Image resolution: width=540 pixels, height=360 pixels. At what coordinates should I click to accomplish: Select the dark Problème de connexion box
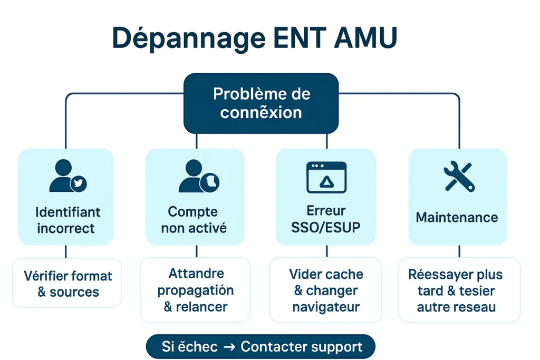pyautogui.click(x=261, y=103)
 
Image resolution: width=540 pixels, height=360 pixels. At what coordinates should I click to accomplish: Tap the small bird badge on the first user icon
pyautogui.click(x=79, y=183)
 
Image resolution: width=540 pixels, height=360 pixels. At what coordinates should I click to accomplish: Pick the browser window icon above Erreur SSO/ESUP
pyautogui.click(x=326, y=177)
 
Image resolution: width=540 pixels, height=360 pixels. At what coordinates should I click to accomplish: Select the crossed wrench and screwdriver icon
pyautogui.click(x=458, y=176)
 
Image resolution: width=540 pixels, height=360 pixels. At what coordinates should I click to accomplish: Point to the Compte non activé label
pyautogui.click(x=194, y=220)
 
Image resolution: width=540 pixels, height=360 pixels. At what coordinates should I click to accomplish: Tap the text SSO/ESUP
pyautogui.click(x=326, y=228)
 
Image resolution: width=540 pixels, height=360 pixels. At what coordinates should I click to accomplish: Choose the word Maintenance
pyautogui.click(x=457, y=217)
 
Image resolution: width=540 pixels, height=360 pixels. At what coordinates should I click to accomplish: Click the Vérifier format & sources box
pyautogui.click(x=67, y=283)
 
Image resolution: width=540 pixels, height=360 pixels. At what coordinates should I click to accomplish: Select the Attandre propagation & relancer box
pyautogui.click(x=195, y=289)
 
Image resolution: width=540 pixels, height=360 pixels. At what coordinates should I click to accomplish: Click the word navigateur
pyautogui.click(x=326, y=307)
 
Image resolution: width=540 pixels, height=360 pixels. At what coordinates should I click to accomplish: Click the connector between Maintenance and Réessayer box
pyautogui.click(x=458, y=251)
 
